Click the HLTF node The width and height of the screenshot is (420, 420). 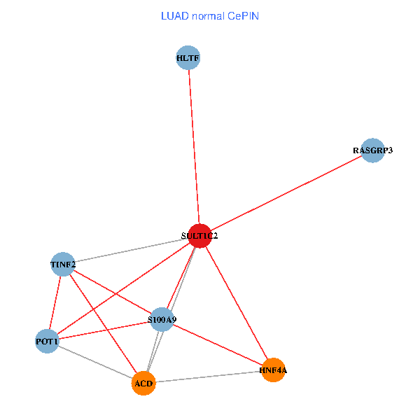(188, 58)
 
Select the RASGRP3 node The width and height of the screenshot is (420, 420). (373, 150)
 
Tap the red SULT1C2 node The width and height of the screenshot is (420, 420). (199, 236)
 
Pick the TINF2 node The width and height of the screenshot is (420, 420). (63, 265)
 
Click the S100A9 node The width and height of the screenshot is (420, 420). (162, 320)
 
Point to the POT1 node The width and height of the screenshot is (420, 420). (47, 342)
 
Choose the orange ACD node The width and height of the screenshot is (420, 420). (143, 384)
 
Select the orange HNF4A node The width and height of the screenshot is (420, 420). (272, 370)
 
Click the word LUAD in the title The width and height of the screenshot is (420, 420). (174, 15)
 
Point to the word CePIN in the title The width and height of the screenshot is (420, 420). (243, 15)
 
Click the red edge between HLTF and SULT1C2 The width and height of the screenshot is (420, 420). (194, 147)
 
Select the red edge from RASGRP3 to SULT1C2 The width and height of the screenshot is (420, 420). (286, 193)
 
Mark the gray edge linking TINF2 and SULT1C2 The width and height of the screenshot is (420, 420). (131, 251)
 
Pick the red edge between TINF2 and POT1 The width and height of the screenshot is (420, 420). (55, 303)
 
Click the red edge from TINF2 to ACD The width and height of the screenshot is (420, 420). (103, 324)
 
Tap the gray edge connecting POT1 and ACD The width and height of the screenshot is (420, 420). (95, 363)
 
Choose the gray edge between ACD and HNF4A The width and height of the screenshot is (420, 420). (208, 377)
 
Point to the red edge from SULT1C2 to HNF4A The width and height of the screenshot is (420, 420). (236, 302)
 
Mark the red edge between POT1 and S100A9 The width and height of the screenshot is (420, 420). (105, 330)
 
